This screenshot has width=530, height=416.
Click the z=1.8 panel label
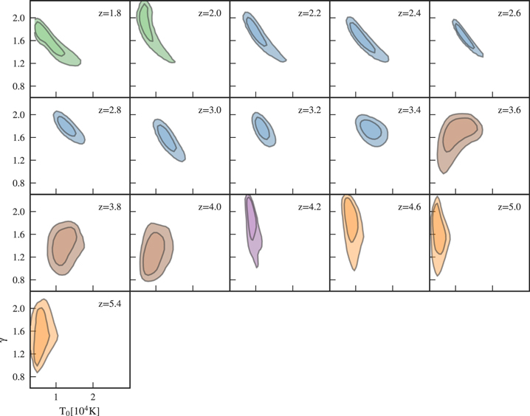pyautogui.click(x=111, y=13)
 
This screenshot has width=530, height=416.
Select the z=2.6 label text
pyautogui.click(x=510, y=13)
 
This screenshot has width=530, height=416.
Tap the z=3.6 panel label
pyautogui.click(x=510, y=110)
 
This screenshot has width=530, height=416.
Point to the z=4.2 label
pyautogui.click(x=311, y=207)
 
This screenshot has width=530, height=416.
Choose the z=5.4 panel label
pyautogui.click(x=111, y=303)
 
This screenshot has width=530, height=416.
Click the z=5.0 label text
pyautogui.click(x=510, y=207)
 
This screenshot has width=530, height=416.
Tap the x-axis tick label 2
pyautogui.click(x=93, y=398)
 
